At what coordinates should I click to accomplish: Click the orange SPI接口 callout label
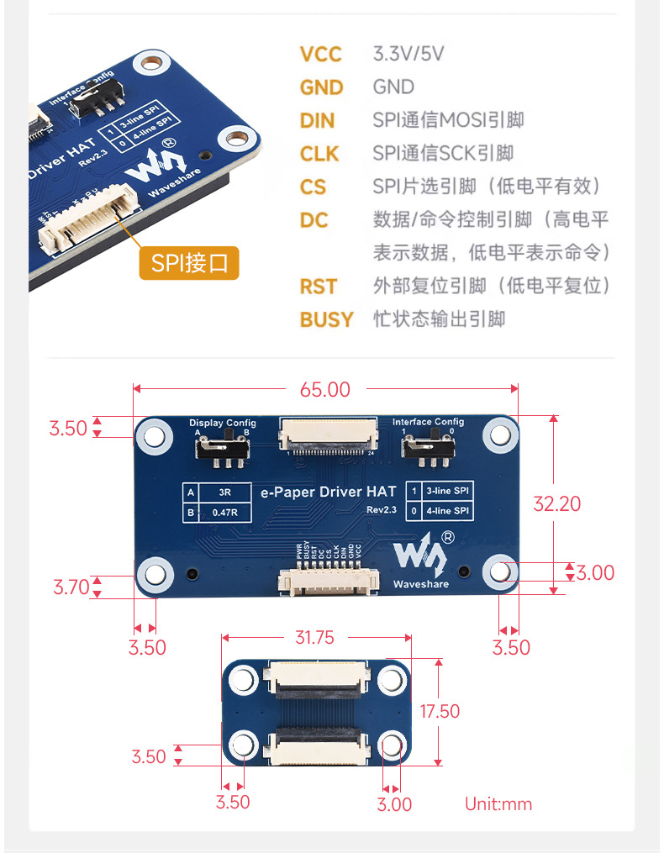pos(189,263)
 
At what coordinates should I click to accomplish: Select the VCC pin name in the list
pos(320,55)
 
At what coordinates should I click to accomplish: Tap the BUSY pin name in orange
pos(326,319)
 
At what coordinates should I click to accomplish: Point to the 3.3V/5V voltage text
pos(408,55)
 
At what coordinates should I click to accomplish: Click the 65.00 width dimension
pos(325,389)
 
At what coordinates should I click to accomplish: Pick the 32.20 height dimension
pos(557,503)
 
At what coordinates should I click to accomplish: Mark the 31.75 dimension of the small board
pos(314,637)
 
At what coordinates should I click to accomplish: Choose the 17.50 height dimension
pos(440,711)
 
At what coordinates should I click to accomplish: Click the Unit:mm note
pos(498,804)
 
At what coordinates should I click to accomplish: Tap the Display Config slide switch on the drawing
pos(223,448)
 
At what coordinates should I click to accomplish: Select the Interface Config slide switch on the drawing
pos(427,448)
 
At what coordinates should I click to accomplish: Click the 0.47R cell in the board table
pos(223,511)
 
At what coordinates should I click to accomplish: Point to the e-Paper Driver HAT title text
pos(329,492)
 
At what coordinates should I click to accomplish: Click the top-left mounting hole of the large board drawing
pos(155,435)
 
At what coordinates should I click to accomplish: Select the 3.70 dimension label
pos(71,587)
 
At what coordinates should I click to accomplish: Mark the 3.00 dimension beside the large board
pos(596,572)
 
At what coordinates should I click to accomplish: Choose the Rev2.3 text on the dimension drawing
pos(381,510)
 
